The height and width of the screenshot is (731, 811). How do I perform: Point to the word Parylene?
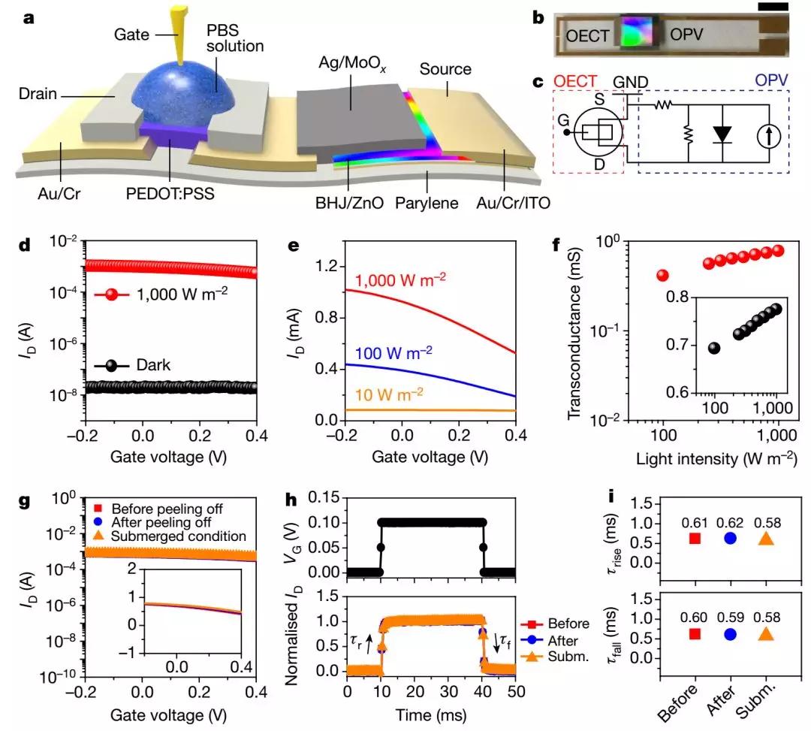click(427, 202)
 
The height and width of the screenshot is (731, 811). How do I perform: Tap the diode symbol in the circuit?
click(722, 134)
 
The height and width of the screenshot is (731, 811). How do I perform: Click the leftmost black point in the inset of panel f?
click(714, 348)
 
